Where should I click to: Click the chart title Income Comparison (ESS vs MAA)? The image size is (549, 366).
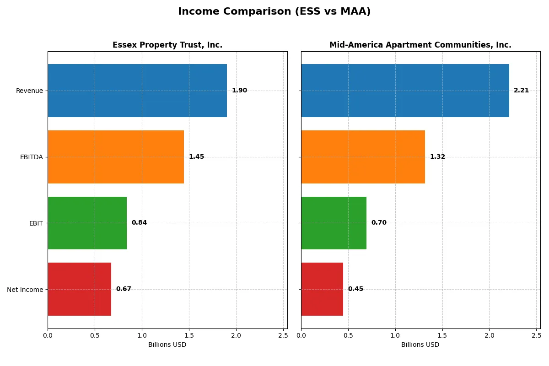[274, 11]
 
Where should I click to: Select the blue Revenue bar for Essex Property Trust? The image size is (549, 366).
[137, 91]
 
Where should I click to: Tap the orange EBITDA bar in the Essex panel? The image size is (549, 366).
[116, 157]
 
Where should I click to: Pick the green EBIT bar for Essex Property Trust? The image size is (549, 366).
[87, 223]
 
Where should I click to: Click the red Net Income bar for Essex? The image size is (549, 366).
[79, 289]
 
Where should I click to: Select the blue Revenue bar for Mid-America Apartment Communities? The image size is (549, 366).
[405, 91]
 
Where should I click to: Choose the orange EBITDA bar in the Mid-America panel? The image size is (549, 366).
[363, 157]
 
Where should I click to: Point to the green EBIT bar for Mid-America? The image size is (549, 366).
[334, 223]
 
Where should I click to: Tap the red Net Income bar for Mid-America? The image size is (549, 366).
[322, 289]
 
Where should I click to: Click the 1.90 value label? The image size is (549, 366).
[239, 91]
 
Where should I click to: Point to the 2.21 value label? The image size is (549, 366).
[521, 91]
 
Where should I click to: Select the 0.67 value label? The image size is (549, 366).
[124, 289]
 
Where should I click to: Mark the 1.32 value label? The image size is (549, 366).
[437, 157]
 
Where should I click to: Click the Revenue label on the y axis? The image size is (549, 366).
[29, 91]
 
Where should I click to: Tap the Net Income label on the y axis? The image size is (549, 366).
[25, 289]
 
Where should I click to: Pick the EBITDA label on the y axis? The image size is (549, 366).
[32, 157]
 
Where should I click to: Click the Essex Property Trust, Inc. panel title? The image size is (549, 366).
[167, 45]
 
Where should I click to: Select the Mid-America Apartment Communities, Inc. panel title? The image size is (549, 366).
[420, 45]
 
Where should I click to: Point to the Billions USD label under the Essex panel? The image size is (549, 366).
[167, 344]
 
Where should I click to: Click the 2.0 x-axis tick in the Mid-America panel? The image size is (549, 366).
[489, 335]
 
